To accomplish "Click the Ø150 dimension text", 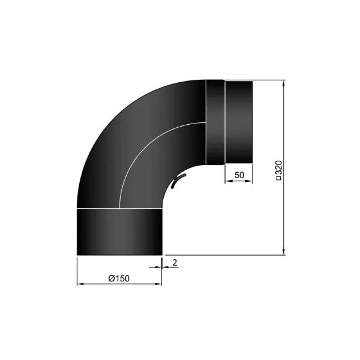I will click(119, 277).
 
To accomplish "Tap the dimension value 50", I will click(239, 175).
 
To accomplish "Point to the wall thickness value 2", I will click(174, 263).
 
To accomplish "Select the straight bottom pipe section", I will click(120, 232).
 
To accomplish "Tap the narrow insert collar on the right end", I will click(238, 122).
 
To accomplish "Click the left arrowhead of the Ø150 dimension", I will click(80, 283).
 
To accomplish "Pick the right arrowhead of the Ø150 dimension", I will click(159, 283).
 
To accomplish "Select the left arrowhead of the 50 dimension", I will click(227, 181).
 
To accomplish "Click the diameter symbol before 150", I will click(111, 277).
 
